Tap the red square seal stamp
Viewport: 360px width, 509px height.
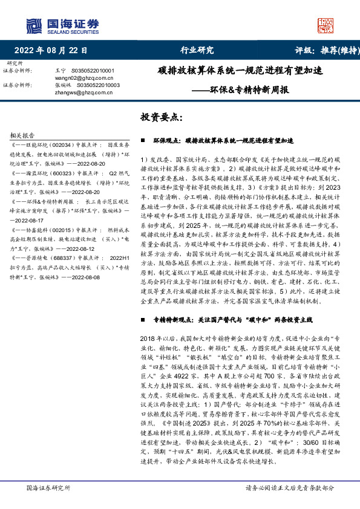coord(326,25)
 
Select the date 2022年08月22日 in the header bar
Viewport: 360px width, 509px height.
coord(51,51)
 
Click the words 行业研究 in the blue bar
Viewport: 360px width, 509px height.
coord(197,51)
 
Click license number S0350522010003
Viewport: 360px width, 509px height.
coord(98,85)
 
